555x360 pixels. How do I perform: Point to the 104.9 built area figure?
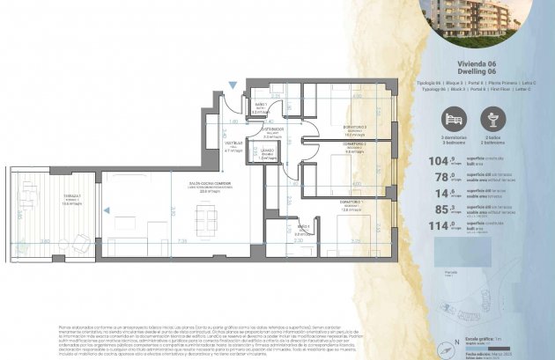[440, 161]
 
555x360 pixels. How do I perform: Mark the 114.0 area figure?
[440, 224]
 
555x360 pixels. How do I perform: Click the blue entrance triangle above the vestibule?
[231, 85]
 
